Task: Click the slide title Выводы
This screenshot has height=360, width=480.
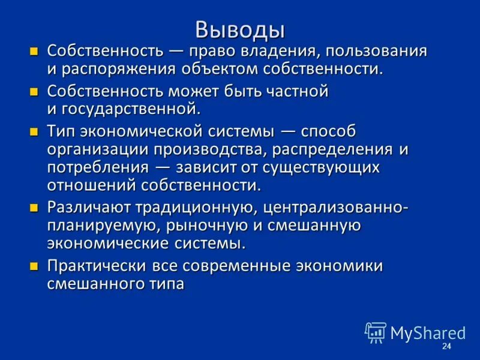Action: point(240,28)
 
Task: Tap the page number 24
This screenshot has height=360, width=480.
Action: point(446,347)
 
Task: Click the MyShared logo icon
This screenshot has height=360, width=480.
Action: point(376,332)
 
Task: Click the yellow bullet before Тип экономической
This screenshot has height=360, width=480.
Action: point(35,131)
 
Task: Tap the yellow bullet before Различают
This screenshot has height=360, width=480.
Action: point(35,208)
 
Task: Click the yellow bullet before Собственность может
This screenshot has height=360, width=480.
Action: point(35,92)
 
